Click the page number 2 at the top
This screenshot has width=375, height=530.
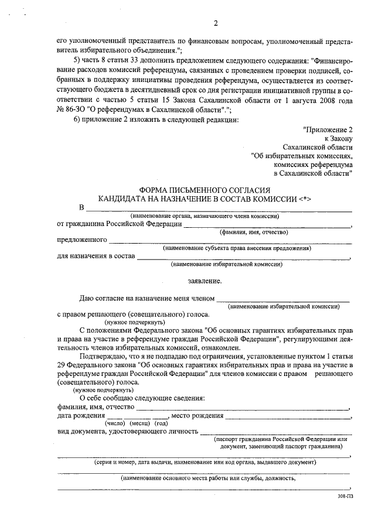pos(216,23)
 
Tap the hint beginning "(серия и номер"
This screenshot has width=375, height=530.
pos(204,462)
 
